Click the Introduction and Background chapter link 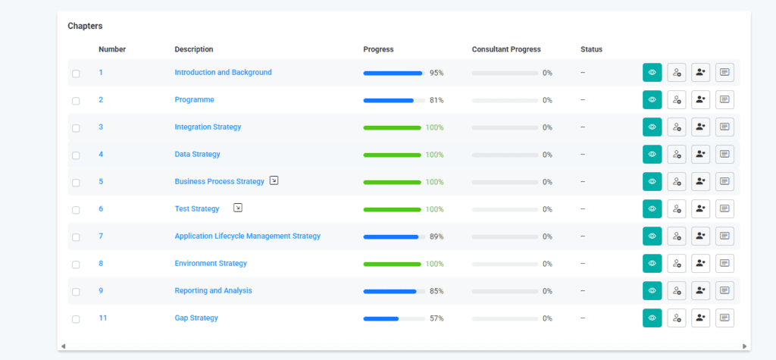(x=223, y=73)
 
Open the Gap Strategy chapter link (x=196, y=318)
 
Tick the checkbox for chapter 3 (x=76, y=128)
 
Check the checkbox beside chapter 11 (x=76, y=319)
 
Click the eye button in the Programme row (x=652, y=100)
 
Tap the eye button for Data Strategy (x=652, y=155)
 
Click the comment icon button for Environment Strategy (x=724, y=264)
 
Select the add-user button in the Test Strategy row (x=700, y=209)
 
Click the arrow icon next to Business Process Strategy (x=274, y=181)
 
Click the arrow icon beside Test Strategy (x=238, y=208)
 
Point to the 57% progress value (x=436, y=318)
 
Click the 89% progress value (x=436, y=236)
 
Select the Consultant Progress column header (x=506, y=49)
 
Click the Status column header (x=591, y=49)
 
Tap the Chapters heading (x=85, y=26)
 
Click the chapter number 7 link (x=101, y=236)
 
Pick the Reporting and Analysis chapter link (x=213, y=291)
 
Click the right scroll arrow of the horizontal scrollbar (x=745, y=346)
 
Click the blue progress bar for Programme (x=389, y=100)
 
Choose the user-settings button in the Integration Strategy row (x=676, y=127)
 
